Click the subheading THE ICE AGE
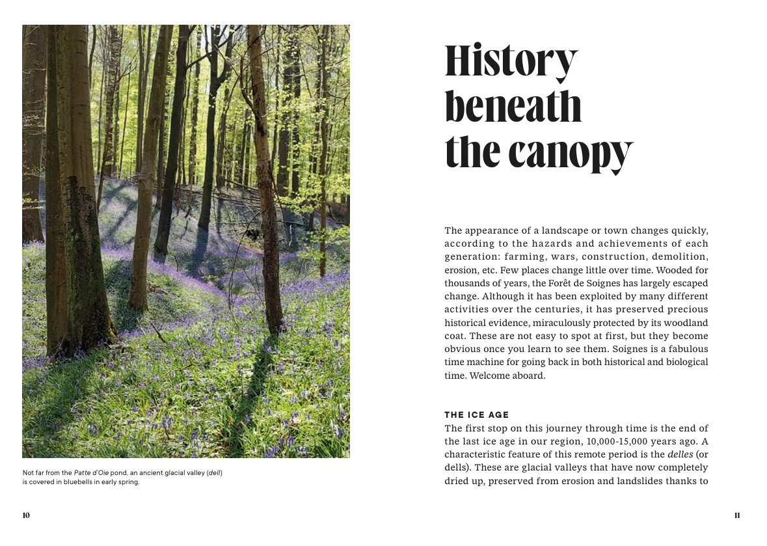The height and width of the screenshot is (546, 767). click(x=476, y=415)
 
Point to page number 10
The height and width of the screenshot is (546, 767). click(x=26, y=515)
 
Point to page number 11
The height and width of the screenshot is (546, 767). click(x=737, y=515)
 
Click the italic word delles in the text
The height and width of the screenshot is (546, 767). click(x=680, y=454)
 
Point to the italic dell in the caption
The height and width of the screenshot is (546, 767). click(x=215, y=472)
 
